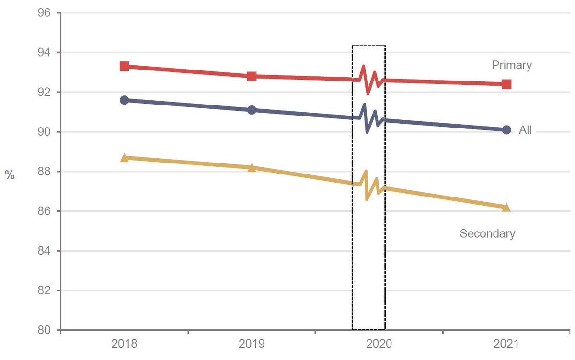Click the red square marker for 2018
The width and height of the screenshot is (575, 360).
pos(125,66)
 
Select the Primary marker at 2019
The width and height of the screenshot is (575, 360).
pos(252,76)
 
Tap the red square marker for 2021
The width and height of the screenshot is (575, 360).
pos(506,84)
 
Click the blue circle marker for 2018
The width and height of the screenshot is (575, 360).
pos(125,100)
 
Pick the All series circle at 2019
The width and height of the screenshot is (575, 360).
pos(252,110)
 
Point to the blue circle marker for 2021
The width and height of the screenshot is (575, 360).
pos(506,130)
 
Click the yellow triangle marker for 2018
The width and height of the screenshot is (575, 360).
pos(125,158)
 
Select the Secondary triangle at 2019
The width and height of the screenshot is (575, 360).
pos(252,167)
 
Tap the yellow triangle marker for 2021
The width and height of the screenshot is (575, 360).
pos(506,207)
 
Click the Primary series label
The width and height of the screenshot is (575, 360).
pos(512,65)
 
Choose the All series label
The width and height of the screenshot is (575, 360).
pos(525,130)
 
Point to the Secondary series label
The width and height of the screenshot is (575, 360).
pos(487,233)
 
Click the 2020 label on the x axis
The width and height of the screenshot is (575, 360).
pos(379,344)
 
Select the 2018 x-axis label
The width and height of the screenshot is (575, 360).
pos(124,344)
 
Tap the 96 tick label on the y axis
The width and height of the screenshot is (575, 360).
pos(44,12)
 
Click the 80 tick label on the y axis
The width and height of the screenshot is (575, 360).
pos(44,330)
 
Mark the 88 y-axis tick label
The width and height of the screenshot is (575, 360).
pos(44,171)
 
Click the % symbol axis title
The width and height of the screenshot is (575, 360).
pos(10,175)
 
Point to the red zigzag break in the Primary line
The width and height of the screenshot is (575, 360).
pos(368,80)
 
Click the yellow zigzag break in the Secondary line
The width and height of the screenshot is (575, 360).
pos(368,185)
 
